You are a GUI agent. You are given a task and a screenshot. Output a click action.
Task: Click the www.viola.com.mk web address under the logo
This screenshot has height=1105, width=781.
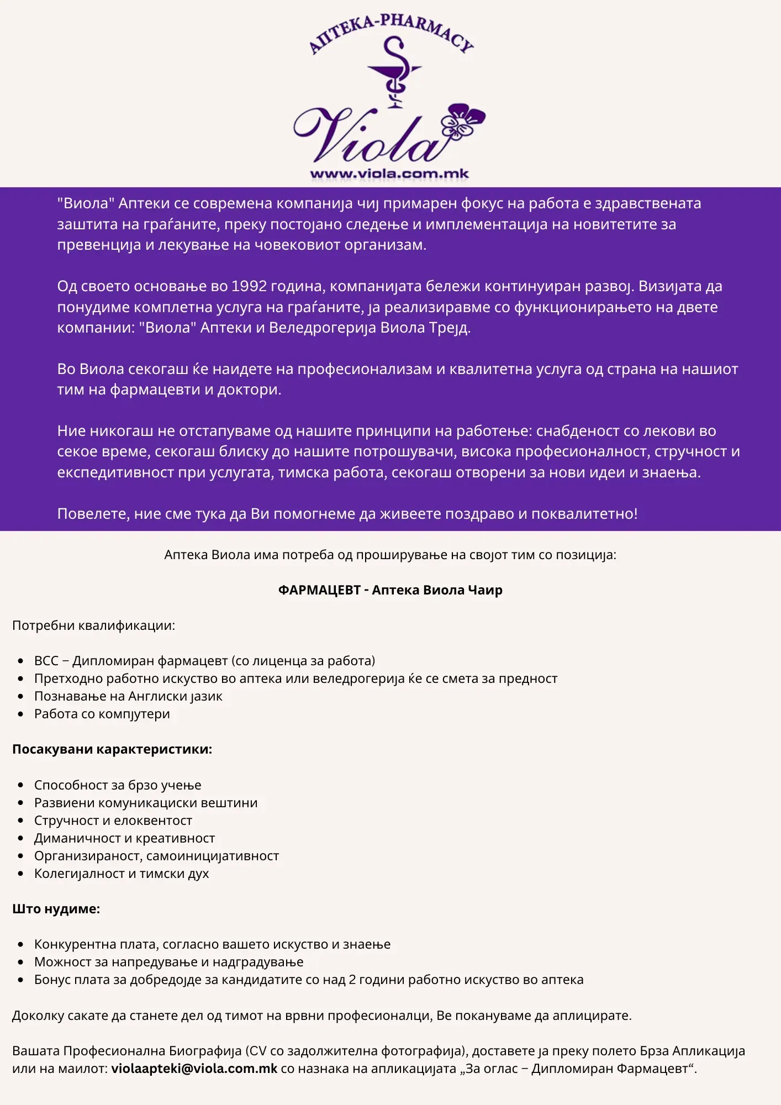389,174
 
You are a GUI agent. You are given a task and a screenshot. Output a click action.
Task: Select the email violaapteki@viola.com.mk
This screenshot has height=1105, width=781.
194,1069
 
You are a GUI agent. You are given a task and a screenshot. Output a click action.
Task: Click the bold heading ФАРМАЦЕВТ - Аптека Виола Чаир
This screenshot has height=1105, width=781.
390,590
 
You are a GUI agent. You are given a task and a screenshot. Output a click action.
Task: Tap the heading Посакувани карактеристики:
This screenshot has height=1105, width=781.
112,749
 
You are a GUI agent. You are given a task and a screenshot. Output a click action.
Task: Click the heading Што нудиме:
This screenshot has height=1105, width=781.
56,909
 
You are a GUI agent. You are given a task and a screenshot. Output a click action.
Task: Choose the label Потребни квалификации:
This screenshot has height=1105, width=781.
93,625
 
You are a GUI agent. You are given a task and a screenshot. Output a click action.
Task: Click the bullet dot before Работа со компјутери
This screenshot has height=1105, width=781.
21,714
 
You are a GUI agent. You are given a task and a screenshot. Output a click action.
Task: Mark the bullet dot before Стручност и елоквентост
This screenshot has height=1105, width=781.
21,821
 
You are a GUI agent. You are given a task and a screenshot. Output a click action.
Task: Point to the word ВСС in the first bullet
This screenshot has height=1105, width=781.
46,661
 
